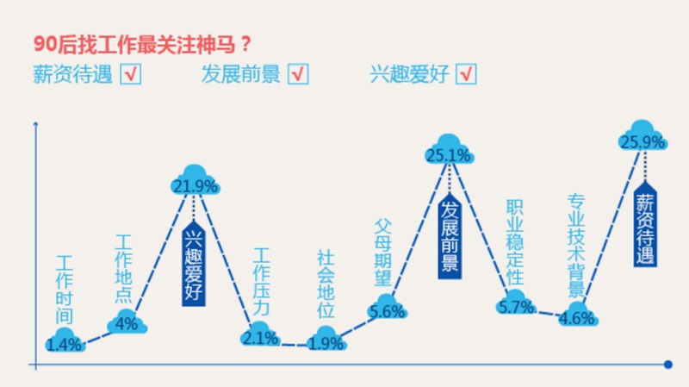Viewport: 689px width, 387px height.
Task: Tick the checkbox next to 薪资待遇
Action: click(x=131, y=75)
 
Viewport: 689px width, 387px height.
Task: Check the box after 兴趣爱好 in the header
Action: click(x=466, y=75)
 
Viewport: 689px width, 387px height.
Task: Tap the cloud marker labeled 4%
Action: click(x=127, y=322)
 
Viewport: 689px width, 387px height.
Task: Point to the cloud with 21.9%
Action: click(x=195, y=184)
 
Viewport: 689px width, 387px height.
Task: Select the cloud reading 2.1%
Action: click(x=260, y=336)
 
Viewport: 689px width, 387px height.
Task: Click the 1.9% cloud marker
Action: click(x=326, y=341)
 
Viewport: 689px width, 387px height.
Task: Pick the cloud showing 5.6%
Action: click(x=386, y=310)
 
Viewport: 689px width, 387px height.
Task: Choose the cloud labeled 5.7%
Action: click(x=516, y=304)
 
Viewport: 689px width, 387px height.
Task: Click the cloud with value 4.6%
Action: click(x=576, y=315)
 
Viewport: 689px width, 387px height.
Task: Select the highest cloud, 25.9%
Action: click(x=643, y=140)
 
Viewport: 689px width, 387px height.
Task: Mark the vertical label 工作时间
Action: click(x=65, y=290)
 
